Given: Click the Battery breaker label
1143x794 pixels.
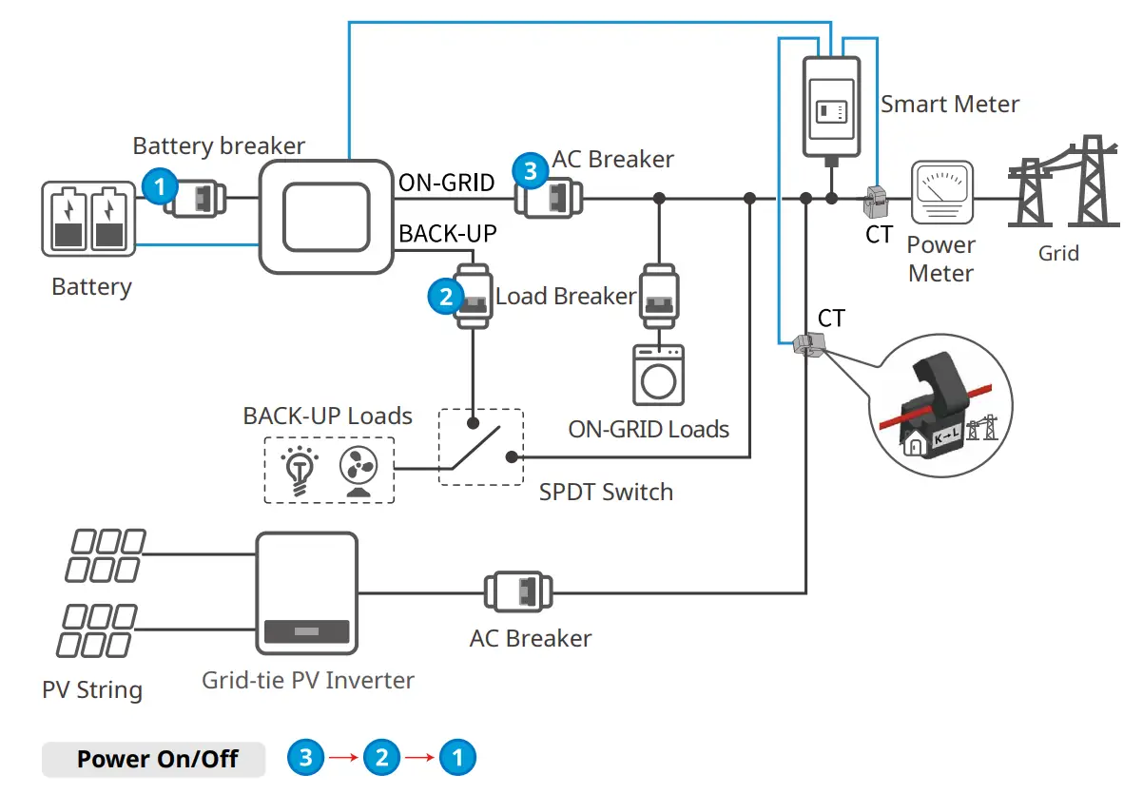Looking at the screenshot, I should coord(219,145).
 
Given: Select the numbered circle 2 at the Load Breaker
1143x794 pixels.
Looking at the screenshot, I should coord(445,296).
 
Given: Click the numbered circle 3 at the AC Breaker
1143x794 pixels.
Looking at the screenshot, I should coord(530,171).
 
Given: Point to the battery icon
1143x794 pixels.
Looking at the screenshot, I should coord(86,222).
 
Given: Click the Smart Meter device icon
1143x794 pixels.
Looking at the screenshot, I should coord(832,105).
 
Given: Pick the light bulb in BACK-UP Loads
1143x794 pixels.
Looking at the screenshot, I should coord(299,468).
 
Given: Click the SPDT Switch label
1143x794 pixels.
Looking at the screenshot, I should coord(606,493).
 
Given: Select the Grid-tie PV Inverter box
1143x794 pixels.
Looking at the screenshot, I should coord(306,591).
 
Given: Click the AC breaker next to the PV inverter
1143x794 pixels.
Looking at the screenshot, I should coord(518,591).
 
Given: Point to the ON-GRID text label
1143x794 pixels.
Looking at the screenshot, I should coord(446,183).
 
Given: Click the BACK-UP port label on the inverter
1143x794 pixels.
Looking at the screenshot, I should coord(448,233).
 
